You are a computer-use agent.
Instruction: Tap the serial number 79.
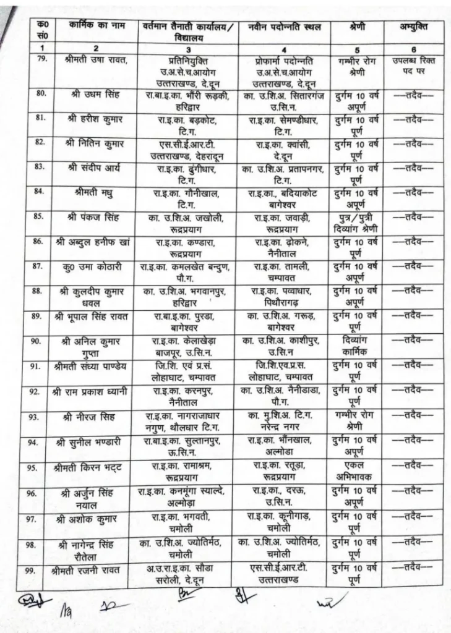pos(42,60)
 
